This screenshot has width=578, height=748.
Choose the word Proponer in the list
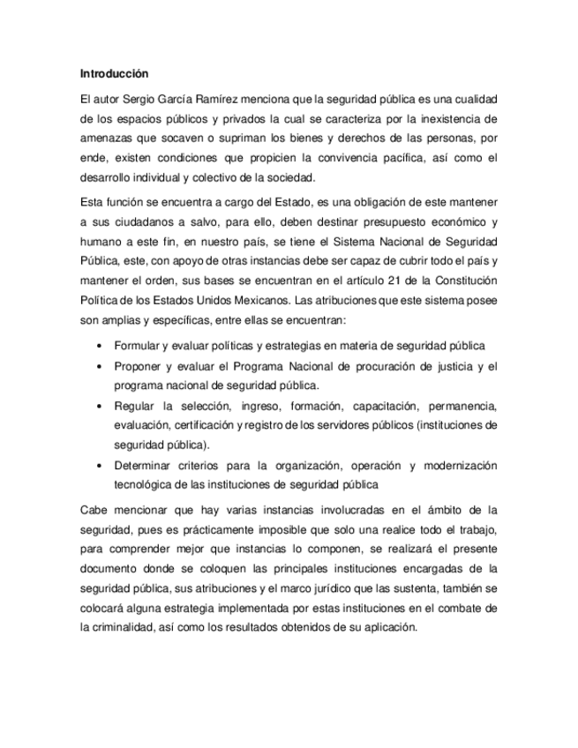(x=139, y=366)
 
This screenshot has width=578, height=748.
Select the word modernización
(x=461, y=466)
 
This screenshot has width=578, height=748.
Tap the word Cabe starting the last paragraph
(x=94, y=509)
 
